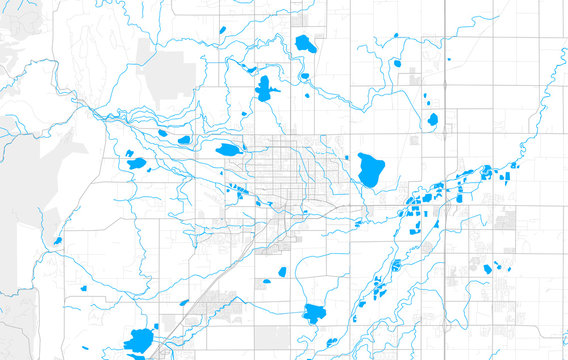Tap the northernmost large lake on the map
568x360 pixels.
tap(305, 44)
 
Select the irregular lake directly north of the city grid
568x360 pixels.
tap(265, 88)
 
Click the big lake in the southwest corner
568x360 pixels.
tap(140, 340)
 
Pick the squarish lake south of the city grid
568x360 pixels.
tap(316, 313)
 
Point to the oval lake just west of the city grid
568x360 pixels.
tap(228, 150)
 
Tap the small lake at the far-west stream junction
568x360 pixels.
tap(60, 240)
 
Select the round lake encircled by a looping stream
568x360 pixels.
tap(433, 119)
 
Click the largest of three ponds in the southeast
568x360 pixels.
tap(489, 267)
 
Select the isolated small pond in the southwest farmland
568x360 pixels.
tap(83, 289)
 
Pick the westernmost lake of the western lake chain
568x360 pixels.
tap(135, 162)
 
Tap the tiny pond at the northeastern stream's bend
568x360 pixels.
tap(396, 36)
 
